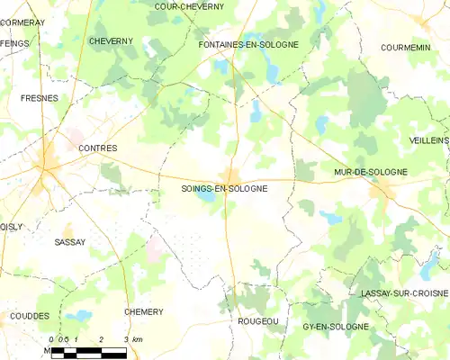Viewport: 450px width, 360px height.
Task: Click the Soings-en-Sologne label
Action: click(x=224, y=189)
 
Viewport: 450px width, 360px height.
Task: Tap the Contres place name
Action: click(x=99, y=147)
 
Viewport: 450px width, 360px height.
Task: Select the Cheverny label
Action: click(x=111, y=41)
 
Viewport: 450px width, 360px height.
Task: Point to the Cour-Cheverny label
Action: click(x=189, y=6)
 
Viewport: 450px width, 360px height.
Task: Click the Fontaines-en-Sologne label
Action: click(x=247, y=43)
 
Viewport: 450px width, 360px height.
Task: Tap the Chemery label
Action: click(x=144, y=311)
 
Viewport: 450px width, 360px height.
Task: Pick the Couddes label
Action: click(x=30, y=316)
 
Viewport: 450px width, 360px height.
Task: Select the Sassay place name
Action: click(x=69, y=242)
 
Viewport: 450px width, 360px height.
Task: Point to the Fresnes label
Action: click(x=39, y=96)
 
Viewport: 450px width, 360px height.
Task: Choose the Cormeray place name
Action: click(x=22, y=22)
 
